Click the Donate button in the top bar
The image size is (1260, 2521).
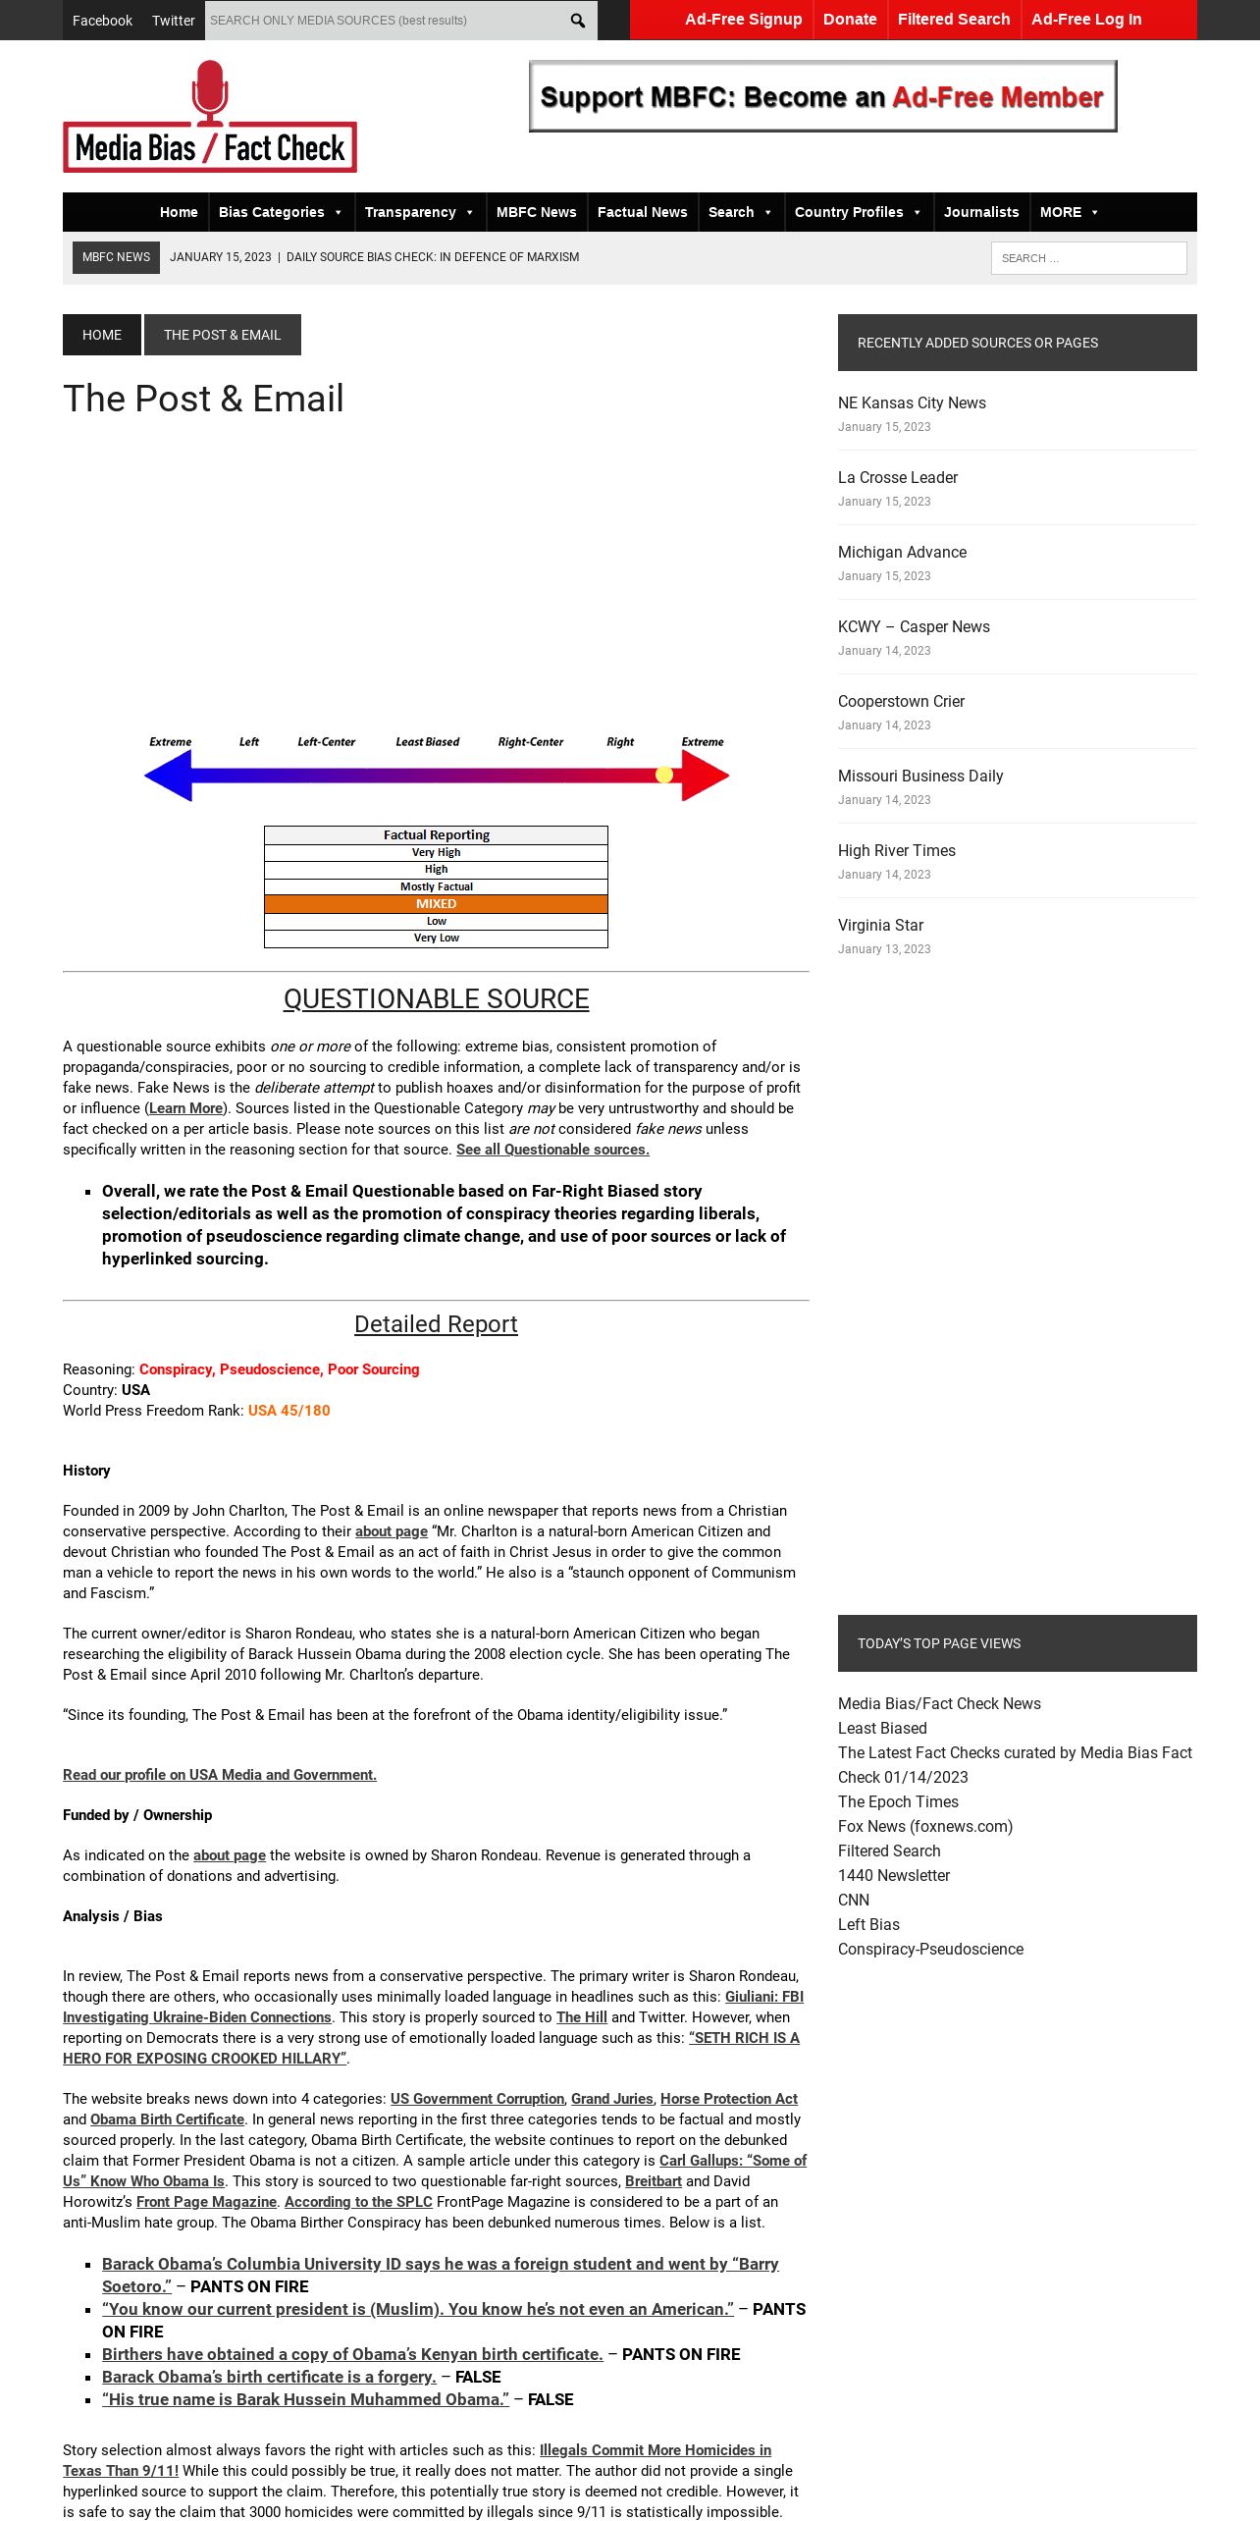coord(849,20)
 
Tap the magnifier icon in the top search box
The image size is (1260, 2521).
coord(577,21)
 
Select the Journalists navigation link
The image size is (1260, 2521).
coord(981,212)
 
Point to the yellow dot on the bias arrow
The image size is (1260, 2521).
coord(664,775)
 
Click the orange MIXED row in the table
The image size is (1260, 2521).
coord(436,904)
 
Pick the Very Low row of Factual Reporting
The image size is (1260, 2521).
coord(436,939)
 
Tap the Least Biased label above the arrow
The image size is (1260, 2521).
coord(427,742)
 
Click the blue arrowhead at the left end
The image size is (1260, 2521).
coord(168,776)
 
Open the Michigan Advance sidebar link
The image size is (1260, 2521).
coord(902,552)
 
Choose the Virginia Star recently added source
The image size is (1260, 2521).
coord(880,925)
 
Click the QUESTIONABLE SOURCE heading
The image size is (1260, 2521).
coord(436,998)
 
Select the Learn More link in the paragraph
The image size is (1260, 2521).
coord(185,1108)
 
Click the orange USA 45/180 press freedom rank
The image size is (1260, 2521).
coord(289,1411)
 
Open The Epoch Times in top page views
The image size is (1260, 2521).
coord(898,1801)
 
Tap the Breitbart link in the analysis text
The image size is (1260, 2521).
coord(653,2181)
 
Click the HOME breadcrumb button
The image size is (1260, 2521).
coord(102,335)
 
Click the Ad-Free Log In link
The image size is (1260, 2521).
coord(1085,20)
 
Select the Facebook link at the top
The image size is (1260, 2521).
coord(102,21)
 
